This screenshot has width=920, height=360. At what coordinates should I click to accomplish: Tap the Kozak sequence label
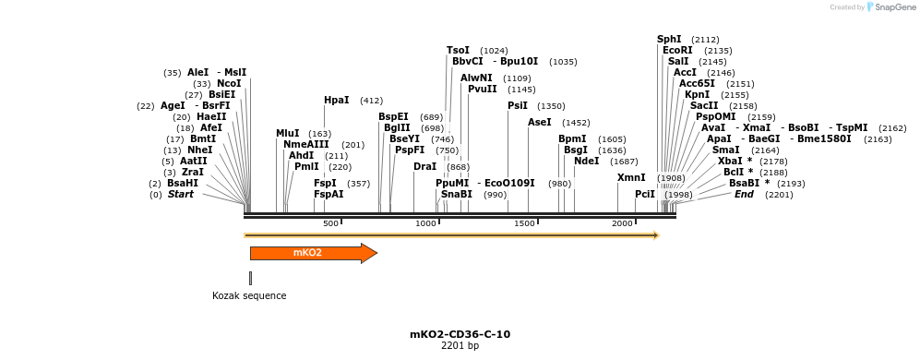(249, 296)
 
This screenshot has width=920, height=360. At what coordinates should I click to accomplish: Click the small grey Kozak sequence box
(250, 278)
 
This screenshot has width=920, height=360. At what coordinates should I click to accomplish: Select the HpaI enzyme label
(336, 101)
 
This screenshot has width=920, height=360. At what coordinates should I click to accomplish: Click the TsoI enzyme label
(458, 51)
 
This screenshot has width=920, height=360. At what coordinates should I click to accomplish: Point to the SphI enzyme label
(669, 40)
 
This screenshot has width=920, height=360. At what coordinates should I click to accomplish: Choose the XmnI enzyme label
(631, 177)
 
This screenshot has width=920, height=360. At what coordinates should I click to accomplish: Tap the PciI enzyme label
(644, 194)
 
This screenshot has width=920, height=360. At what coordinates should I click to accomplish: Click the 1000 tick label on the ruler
(425, 223)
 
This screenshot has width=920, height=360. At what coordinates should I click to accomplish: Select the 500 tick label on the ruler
(330, 223)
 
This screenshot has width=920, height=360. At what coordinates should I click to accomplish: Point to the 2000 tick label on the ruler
(622, 223)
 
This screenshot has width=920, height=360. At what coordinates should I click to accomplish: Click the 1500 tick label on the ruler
(524, 223)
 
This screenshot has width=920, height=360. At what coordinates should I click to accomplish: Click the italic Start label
(180, 194)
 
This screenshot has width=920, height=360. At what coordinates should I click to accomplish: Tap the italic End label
(744, 194)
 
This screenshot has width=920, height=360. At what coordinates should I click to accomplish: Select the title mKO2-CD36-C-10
(460, 334)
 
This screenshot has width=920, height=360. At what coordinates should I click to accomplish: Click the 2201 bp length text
(460, 346)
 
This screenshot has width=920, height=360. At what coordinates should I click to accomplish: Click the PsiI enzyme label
(517, 106)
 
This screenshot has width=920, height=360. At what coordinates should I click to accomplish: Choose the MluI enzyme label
(287, 134)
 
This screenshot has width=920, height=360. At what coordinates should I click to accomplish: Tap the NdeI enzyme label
(586, 162)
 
